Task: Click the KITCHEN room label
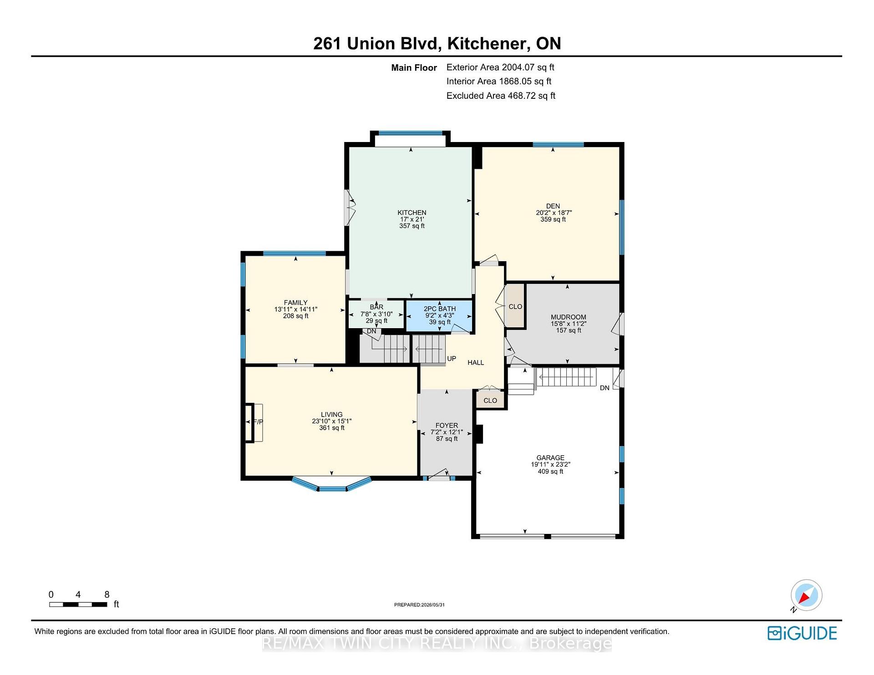click(412, 213)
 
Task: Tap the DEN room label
click(553, 206)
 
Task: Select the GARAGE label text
click(550, 458)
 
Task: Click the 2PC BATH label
click(440, 309)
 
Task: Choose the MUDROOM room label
click(569, 317)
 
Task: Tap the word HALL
click(476, 363)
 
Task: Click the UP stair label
click(452, 359)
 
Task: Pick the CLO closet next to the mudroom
click(515, 307)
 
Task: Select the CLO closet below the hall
click(490, 401)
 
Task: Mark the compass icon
click(806, 595)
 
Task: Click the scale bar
click(78, 604)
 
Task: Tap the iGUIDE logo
click(802, 633)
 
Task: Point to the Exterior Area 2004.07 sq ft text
click(500, 67)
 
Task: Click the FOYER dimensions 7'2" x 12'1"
click(447, 432)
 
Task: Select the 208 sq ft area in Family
click(296, 316)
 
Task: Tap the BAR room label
click(376, 307)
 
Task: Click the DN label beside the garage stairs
click(605, 388)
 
